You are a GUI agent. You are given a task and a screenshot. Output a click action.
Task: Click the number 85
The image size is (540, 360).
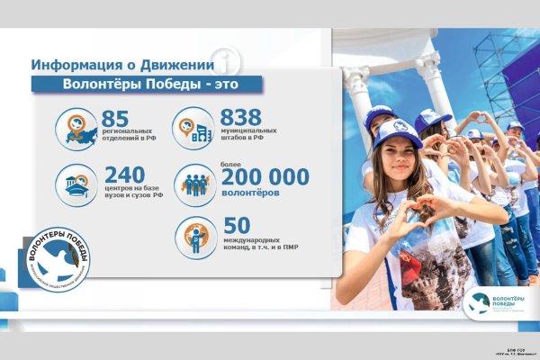pyautogui.click(x=116, y=118)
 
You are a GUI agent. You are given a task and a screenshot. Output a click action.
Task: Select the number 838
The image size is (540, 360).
pyautogui.click(x=240, y=118)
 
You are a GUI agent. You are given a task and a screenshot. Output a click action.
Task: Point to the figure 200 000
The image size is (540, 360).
pyautogui.click(x=265, y=177)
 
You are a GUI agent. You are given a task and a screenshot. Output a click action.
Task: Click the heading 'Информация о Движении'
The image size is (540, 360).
pyautogui.click(x=122, y=65)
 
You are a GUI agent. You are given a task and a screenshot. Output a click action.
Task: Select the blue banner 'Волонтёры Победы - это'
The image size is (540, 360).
pyautogui.click(x=148, y=85)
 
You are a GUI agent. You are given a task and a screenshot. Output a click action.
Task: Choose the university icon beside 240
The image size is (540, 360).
pyautogui.click(x=76, y=184)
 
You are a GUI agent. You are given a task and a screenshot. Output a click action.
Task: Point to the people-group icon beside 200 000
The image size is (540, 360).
pyautogui.click(x=194, y=184)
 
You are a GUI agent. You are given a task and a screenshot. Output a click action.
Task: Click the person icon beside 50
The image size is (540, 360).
pyautogui.click(x=194, y=237)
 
